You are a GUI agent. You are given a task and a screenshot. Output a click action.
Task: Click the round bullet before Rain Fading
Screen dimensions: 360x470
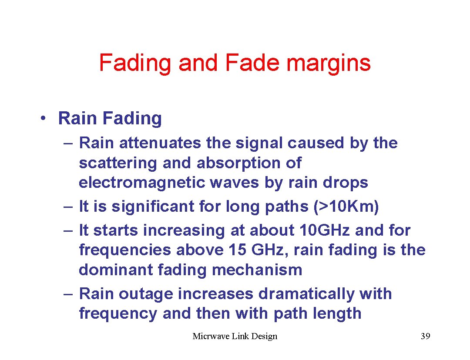pos(43,119)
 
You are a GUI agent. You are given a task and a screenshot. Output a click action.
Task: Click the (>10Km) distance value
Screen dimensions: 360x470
pos(346,207)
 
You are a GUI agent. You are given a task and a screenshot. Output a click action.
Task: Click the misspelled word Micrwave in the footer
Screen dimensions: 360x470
pos(210,336)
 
